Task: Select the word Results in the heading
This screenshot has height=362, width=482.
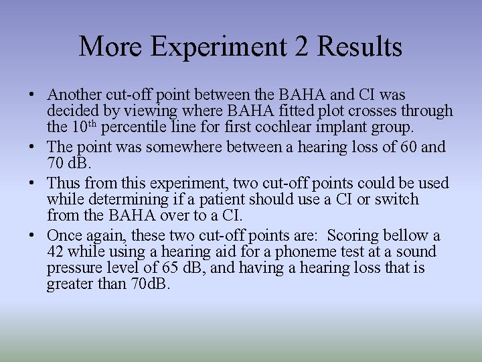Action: [360, 47]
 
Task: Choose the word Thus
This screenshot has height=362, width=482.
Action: [63, 183]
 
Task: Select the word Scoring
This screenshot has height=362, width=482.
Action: [352, 235]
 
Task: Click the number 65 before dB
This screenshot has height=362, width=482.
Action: [171, 268]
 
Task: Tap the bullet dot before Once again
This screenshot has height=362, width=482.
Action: [33, 236]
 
